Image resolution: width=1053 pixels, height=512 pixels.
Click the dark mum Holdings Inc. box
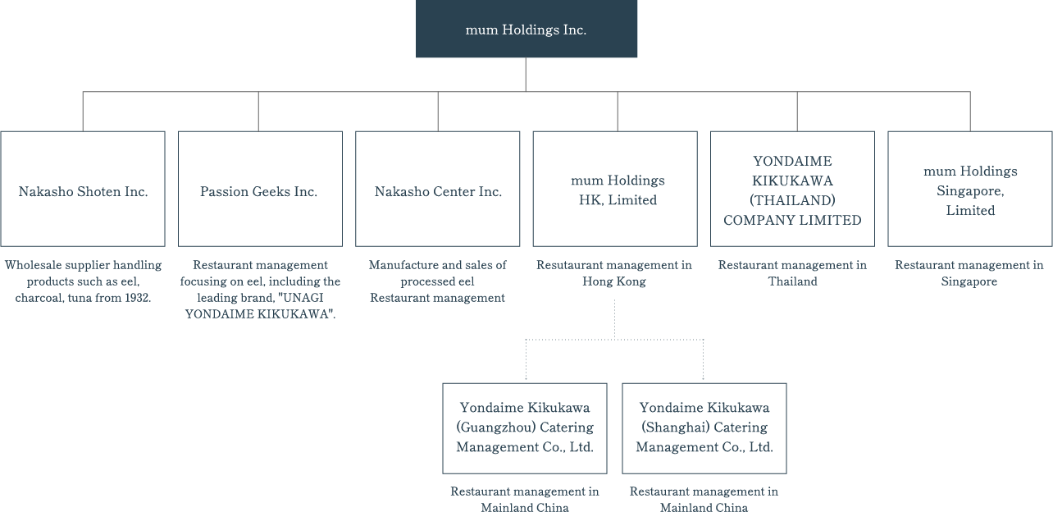click(x=526, y=30)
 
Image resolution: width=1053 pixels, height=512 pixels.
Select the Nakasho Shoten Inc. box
click(x=83, y=189)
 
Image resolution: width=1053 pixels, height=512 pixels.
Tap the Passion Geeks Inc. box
click(x=259, y=189)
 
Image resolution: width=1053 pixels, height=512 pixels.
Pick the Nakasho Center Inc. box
click(x=438, y=189)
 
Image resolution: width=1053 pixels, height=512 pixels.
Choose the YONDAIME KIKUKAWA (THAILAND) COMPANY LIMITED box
click(x=792, y=189)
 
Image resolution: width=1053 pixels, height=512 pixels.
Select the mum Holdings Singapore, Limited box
click(x=970, y=189)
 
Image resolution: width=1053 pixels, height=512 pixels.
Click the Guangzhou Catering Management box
click(x=525, y=427)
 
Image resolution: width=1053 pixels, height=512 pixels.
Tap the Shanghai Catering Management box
click(x=704, y=427)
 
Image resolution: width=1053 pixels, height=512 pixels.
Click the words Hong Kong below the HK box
click(x=614, y=281)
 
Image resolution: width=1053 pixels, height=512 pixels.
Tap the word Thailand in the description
click(x=792, y=281)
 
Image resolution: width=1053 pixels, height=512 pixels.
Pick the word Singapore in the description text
click(x=969, y=281)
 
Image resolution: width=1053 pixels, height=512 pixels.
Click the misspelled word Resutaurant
click(x=570, y=265)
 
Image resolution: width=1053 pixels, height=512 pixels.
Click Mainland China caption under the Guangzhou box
click(x=525, y=507)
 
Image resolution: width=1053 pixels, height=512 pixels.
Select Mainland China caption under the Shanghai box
click(x=704, y=507)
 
